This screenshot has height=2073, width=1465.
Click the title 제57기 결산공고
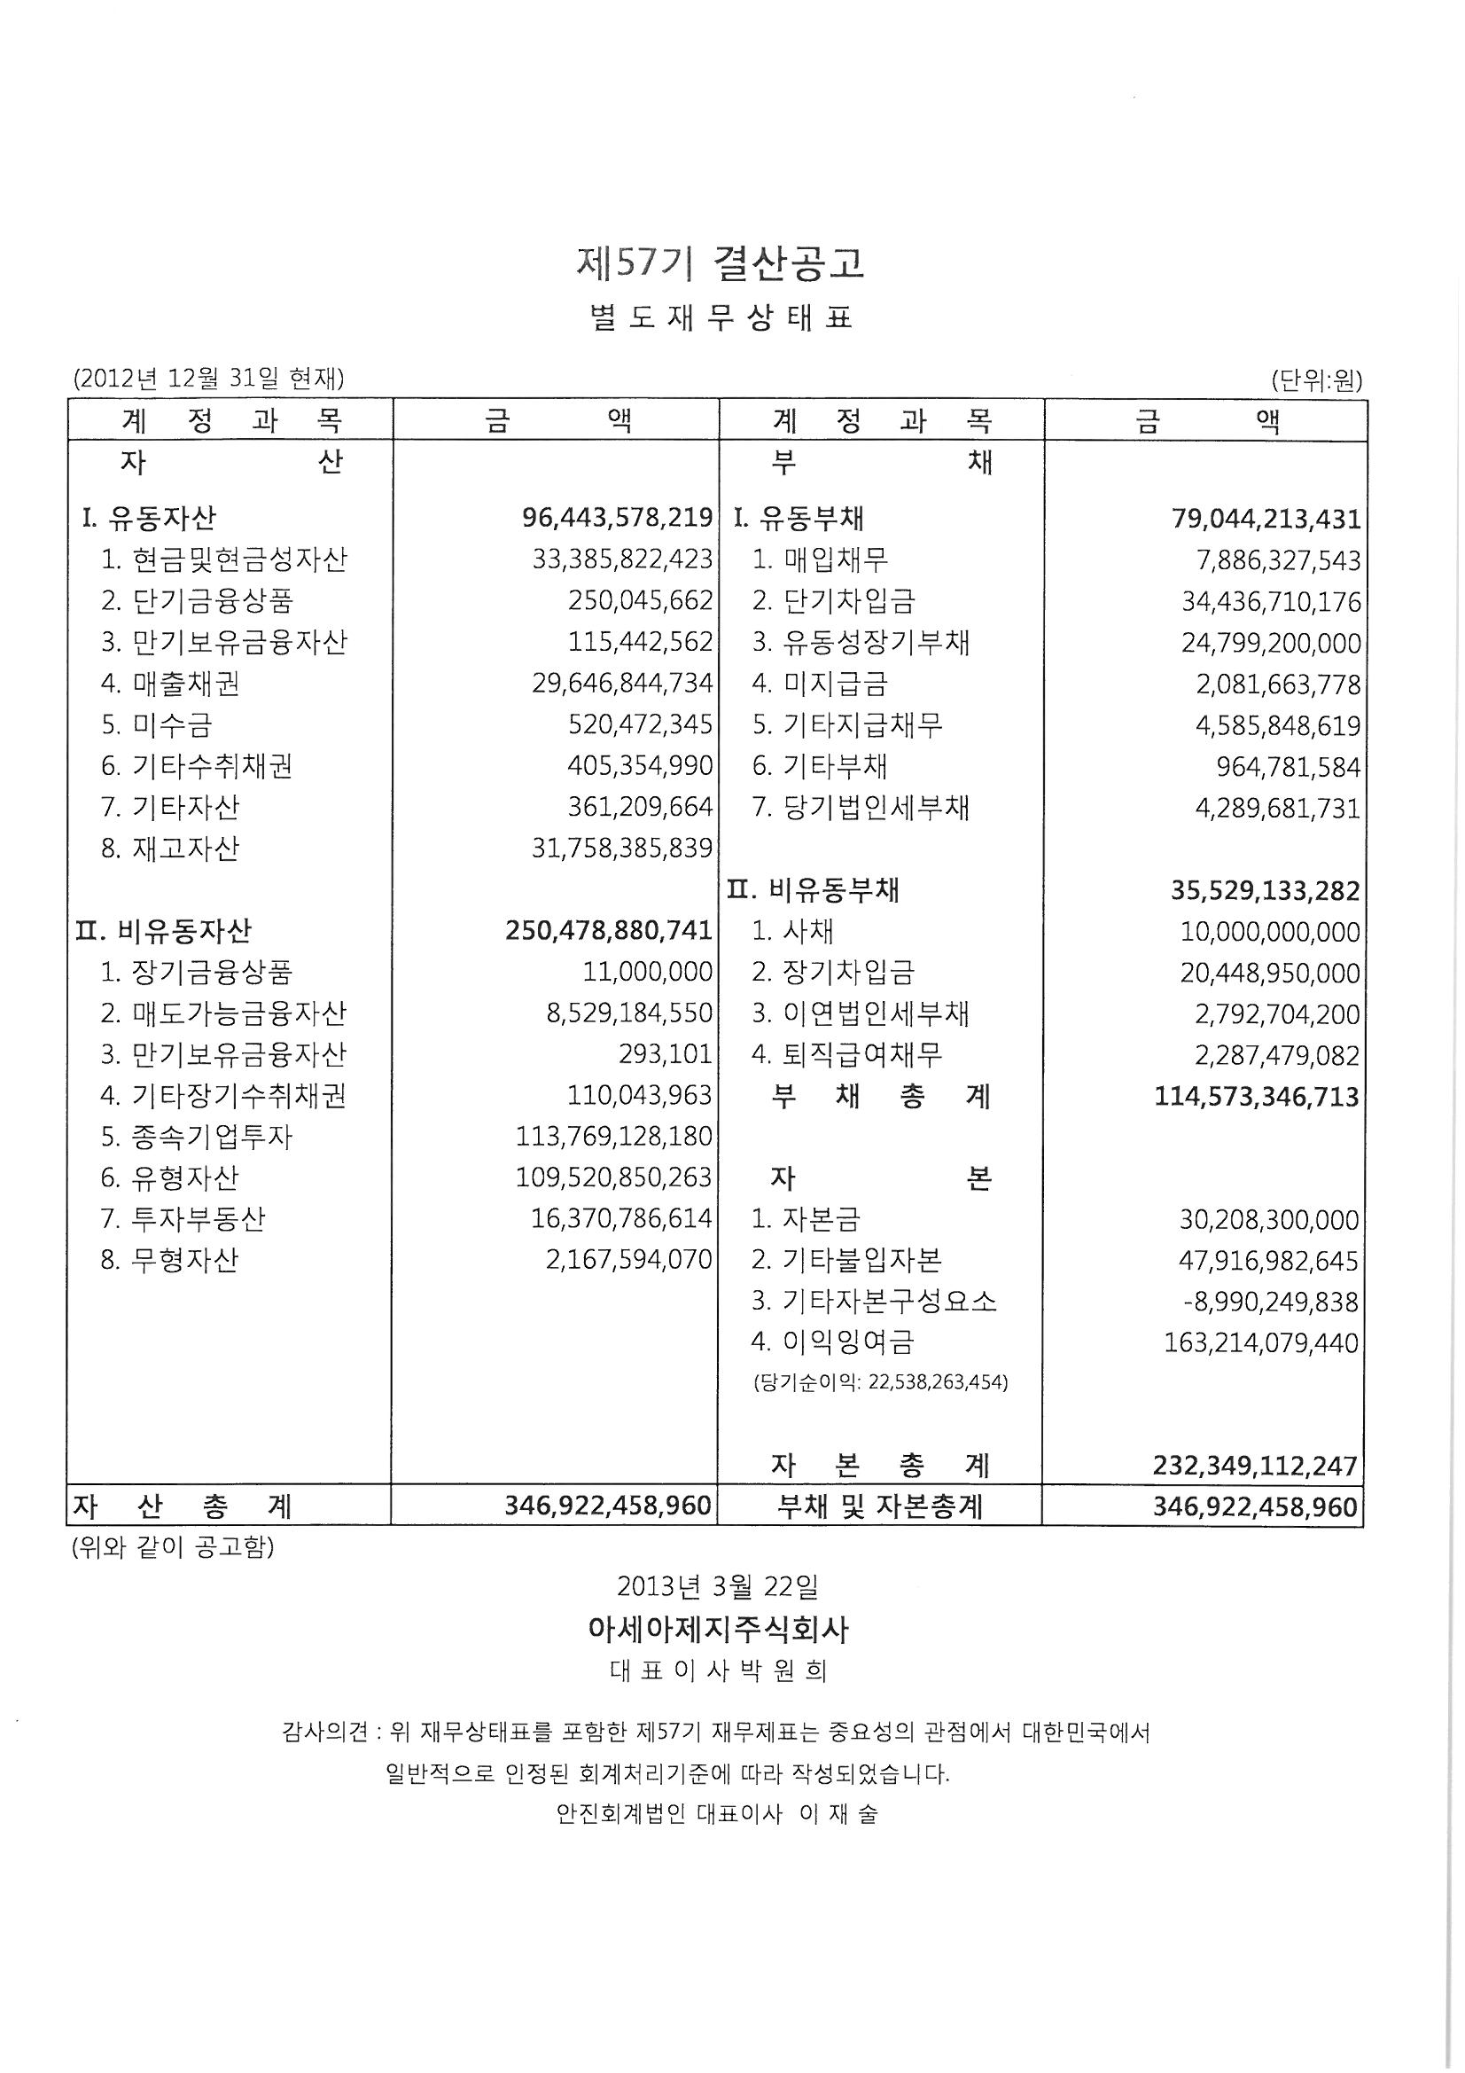click(720, 262)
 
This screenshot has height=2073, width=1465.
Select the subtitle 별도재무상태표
click(721, 317)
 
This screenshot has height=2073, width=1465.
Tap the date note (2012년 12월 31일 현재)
click(208, 379)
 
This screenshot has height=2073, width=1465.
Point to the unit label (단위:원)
click(1316, 380)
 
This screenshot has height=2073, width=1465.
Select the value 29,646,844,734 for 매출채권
click(622, 684)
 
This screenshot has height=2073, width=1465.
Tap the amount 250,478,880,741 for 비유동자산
click(609, 931)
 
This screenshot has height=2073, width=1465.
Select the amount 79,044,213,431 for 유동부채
click(1266, 520)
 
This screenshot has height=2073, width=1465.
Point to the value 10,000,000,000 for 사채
click(1269, 932)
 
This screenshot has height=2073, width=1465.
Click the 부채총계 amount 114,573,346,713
click(1257, 1097)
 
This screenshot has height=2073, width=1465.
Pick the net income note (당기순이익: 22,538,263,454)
click(880, 1382)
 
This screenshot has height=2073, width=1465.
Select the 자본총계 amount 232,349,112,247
click(1255, 1466)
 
